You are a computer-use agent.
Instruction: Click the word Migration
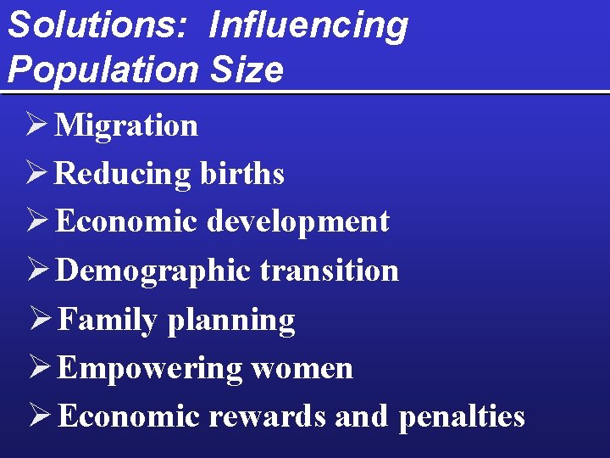(126, 126)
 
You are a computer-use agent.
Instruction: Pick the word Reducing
(123, 175)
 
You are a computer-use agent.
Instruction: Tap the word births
(242, 174)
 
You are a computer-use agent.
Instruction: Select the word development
(298, 222)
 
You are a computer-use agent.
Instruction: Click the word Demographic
(152, 271)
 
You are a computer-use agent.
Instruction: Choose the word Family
(108, 320)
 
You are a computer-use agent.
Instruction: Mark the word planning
(231, 321)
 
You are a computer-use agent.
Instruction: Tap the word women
(302, 369)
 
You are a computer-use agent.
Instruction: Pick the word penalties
(462, 417)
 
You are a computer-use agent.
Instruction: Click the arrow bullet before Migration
(35, 126)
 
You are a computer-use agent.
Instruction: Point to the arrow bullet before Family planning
(38, 320)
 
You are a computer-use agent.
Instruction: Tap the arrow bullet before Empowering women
(38, 368)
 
